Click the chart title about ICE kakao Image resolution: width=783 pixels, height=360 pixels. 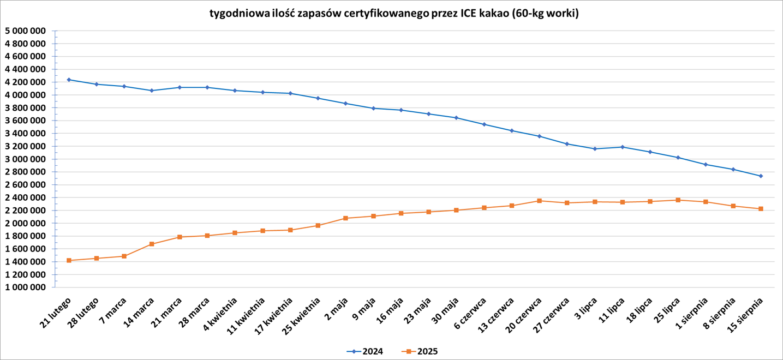tap(394, 14)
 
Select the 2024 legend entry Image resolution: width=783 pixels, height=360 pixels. tap(365, 351)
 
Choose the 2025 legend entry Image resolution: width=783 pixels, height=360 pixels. tap(420, 351)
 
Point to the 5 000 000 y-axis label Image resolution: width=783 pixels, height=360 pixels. tap(25, 31)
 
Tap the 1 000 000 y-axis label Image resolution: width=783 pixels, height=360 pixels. tap(25, 287)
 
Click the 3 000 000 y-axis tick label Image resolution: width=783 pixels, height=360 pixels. tap(25, 159)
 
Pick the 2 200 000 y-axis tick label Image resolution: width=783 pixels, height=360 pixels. tap(25, 211)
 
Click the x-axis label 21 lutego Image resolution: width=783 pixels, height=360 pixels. tap(56, 313)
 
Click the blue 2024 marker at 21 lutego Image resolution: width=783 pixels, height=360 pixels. tap(69, 80)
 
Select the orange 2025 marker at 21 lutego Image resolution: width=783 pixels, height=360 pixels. tap(69, 261)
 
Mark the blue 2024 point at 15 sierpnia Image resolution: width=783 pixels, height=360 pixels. tap(761, 176)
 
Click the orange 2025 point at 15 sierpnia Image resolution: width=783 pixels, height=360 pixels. tap(761, 209)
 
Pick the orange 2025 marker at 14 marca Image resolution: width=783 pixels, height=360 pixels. tap(152, 244)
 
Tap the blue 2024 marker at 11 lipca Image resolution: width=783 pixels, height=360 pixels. tap(622, 147)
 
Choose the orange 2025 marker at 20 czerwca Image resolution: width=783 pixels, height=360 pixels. tap(539, 201)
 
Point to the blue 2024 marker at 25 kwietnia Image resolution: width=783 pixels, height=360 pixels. tap(318, 98)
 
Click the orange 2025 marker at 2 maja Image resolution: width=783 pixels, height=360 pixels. tap(345, 218)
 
